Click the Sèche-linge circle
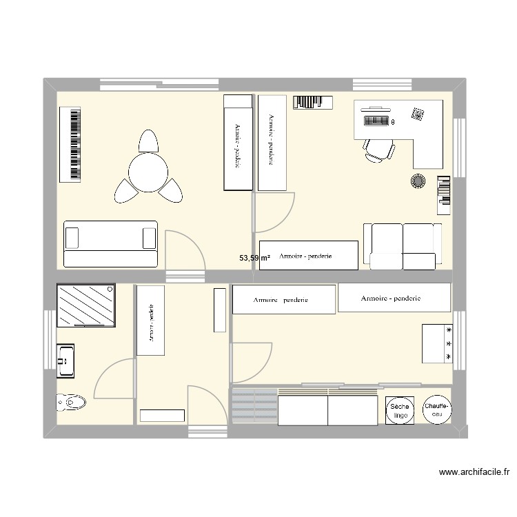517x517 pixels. point(399,412)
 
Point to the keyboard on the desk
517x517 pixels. point(373,122)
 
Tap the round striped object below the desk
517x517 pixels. point(418,181)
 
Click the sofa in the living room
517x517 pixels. point(110,243)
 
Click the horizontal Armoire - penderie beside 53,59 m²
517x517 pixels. point(308,255)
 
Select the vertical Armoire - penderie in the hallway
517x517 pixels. point(150,321)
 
